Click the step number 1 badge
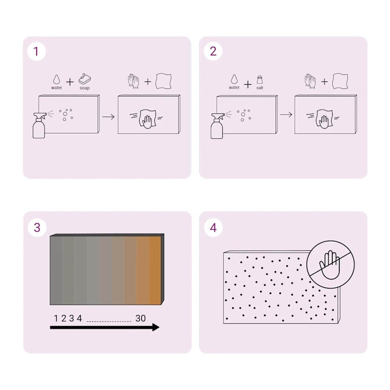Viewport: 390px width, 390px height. [37, 51]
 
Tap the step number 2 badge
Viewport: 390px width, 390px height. [213, 51]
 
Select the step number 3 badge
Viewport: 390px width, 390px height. [37, 228]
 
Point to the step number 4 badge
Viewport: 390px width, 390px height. [213, 228]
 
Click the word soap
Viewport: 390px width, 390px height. [85, 88]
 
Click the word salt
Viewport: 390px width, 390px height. [260, 87]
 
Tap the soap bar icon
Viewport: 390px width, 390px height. [85, 79]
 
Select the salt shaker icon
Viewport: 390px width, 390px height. [260, 80]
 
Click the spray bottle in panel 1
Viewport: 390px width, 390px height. [39, 125]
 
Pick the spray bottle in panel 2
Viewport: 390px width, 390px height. [217, 126]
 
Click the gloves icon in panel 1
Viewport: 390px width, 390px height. [133, 81]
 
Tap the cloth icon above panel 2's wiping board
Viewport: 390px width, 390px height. [340, 81]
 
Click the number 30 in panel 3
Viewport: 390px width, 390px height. [140, 318]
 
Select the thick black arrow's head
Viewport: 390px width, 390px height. [156, 327]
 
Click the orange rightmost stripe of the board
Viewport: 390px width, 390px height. [155, 270]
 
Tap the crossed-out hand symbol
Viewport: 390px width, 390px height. [331, 264]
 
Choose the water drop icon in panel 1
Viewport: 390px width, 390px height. [57, 80]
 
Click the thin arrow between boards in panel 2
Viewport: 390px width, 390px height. [286, 115]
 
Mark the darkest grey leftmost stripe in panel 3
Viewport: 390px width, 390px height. [56, 270]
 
